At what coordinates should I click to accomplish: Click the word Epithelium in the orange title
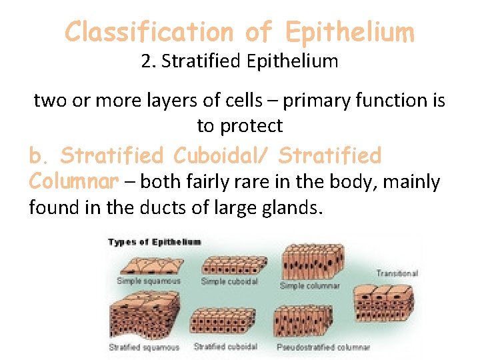tap(349, 31)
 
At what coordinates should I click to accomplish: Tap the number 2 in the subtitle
tap(146, 62)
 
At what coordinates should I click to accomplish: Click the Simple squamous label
tap(148, 281)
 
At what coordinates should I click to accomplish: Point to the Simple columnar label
tap(309, 286)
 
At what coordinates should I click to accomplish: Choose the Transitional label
tap(397, 273)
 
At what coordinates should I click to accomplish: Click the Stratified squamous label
tap(144, 347)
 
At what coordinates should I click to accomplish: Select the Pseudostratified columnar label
tap(323, 347)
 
